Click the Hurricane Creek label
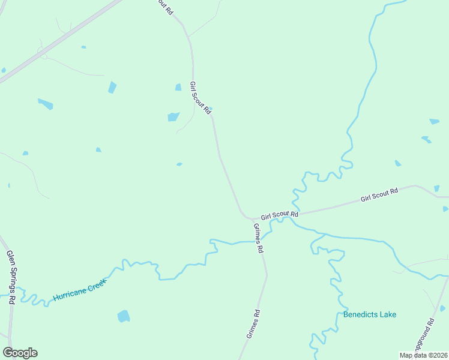[79, 289]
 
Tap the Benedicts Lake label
[370, 314]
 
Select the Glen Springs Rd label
[10, 277]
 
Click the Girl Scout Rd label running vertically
[200, 98]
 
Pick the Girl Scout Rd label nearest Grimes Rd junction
[279, 215]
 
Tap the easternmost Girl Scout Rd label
[379, 194]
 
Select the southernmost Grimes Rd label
[253, 324]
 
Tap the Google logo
[20, 353]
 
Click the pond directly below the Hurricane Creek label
[124, 316]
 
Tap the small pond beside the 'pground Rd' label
[443, 308]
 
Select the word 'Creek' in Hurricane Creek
[95, 284]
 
